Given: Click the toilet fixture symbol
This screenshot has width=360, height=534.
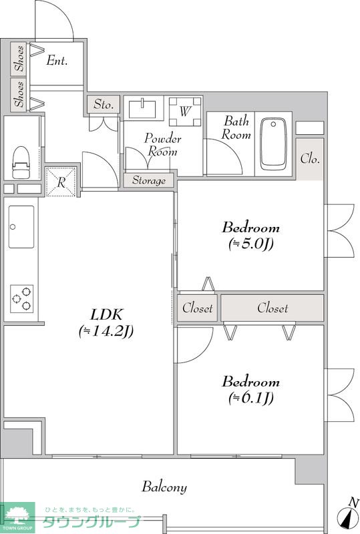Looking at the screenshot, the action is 21,162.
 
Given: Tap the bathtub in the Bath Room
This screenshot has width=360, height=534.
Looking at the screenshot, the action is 273,144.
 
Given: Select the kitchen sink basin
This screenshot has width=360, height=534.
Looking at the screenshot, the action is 21,227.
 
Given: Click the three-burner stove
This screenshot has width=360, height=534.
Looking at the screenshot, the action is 21,298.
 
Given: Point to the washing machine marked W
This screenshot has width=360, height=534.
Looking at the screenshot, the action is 185,111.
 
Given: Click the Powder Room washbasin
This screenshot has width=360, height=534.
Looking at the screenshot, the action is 142,108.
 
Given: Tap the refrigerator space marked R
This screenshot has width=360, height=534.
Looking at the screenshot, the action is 61,182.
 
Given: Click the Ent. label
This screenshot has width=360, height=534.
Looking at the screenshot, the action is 57,61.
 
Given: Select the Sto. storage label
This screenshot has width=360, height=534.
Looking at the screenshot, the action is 104,104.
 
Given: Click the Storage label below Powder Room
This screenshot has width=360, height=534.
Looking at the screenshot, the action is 149,180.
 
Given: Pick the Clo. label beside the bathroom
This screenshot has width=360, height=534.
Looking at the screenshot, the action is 310,159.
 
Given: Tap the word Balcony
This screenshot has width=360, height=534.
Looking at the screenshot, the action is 164,487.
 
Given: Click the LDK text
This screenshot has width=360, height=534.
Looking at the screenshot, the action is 106,314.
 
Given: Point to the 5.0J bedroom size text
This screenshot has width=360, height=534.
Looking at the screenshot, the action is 251,244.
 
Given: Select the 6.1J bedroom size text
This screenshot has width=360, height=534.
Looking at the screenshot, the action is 251,397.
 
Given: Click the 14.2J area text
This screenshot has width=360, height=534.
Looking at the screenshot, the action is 106,331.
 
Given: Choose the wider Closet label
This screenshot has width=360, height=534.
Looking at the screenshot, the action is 273,308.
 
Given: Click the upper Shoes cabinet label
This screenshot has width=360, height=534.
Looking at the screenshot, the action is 19,58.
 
